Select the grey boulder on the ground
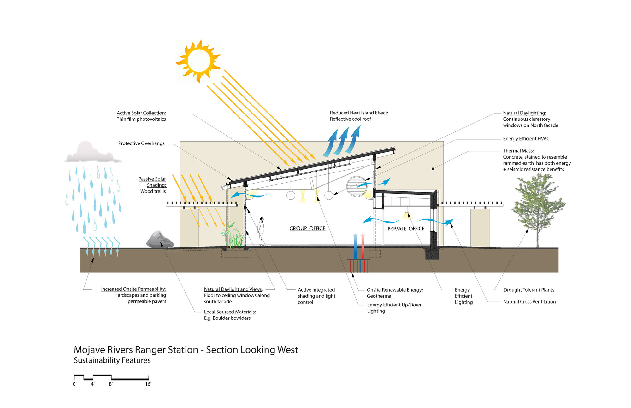(x=160, y=240)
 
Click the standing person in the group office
(x=261, y=231)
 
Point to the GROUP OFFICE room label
(x=307, y=228)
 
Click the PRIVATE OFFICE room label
(x=406, y=229)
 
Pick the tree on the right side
(x=537, y=208)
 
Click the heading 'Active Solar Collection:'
(x=141, y=113)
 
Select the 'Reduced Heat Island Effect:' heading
(x=359, y=113)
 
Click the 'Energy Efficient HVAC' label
(x=526, y=139)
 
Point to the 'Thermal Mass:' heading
(x=518, y=151)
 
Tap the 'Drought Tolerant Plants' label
(x=528, y=290)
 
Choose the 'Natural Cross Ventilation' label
(x=529, y=302)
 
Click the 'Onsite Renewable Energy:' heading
(x=394, y=290)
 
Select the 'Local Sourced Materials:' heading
(x=230, y=312)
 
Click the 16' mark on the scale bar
(x=148, y=384)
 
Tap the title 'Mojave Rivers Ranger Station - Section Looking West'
(x=186, y=350)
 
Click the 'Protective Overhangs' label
(x=141, y=143)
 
